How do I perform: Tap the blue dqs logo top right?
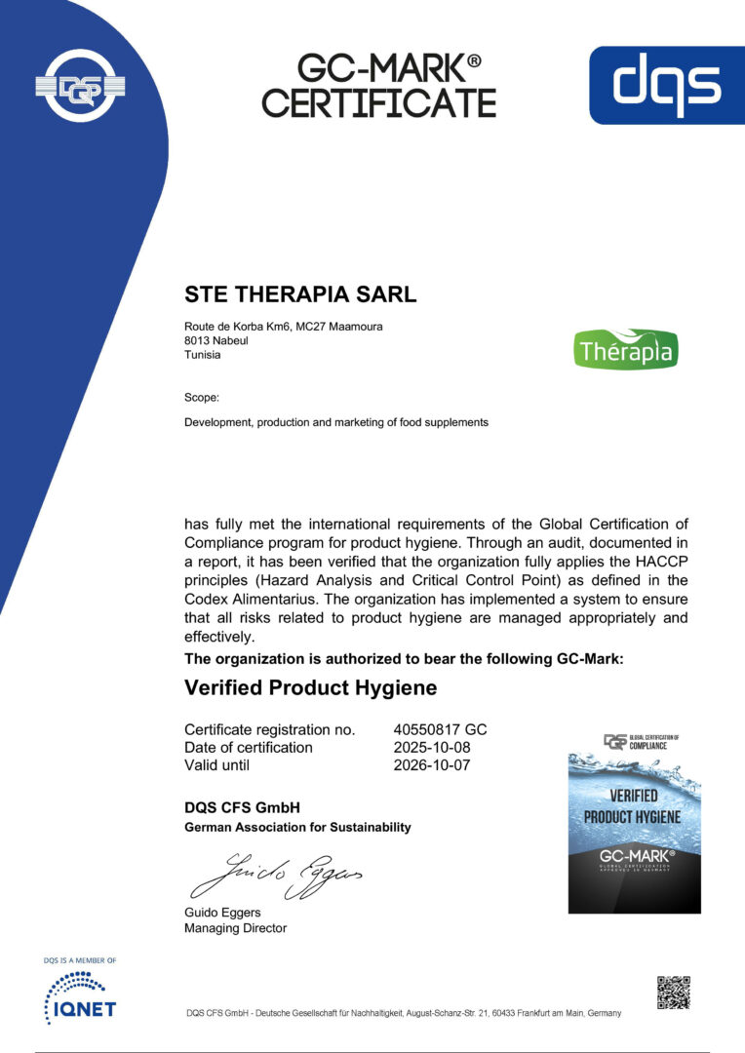(666, 84)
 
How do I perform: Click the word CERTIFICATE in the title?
(378, 102)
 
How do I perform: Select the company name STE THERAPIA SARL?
(300, 293)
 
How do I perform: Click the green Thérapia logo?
(627, 349)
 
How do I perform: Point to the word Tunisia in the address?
(202, 355)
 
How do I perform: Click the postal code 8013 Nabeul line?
(215, 340)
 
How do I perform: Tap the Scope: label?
(202, 397)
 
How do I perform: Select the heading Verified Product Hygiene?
(310, 687)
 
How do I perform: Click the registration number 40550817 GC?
(433, 729)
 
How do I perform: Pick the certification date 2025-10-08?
(425, 747)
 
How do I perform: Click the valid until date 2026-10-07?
(425, 764)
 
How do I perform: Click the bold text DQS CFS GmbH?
(242, 807)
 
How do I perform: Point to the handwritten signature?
(278, 871)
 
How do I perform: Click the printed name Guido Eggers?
(222, 913)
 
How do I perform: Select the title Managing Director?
(235, 928)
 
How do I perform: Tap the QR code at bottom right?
(673, 991)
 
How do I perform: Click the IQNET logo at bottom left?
(80, 998)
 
